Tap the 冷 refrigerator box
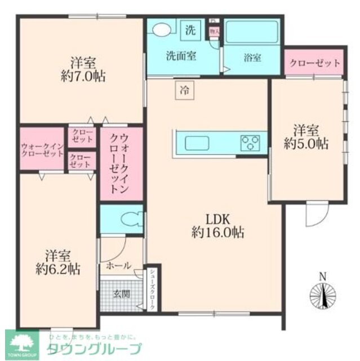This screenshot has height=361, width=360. pyautogui.click(x=184, y=90)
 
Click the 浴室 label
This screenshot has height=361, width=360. pyautogui.click(x=252, y=58)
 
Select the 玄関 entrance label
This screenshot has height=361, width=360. pyautogui.click(x=119, y=293)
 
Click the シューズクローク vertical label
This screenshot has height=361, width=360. pyautogui.click(x=152, y=288)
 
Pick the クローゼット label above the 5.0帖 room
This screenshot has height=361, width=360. pyautogui.click(x=314, y=63)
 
